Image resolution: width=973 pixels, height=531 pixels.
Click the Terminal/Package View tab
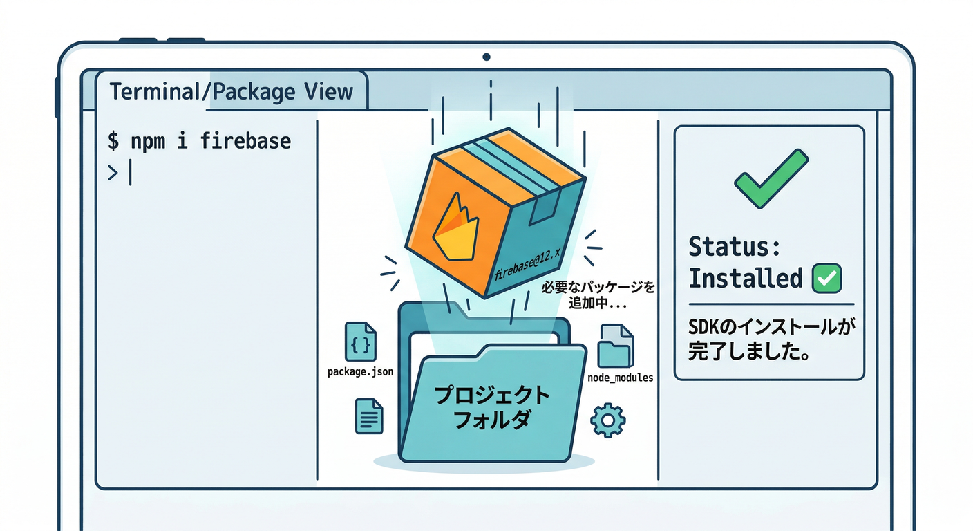(x=231, y=92)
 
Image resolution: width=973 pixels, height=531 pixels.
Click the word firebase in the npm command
(x=245, y=141)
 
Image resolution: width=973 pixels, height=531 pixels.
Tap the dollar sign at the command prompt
(x=113, y=142)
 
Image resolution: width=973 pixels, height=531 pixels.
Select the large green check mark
(x=770, y=179)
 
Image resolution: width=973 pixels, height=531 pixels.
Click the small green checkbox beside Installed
(x=826, y=278)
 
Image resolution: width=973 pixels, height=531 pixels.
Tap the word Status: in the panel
(x=735, y=247)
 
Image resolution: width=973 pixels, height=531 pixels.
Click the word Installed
(x=745, y=279)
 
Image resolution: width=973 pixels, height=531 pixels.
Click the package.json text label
(x=360, y=372)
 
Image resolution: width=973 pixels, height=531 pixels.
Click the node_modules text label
(x=620, y=378)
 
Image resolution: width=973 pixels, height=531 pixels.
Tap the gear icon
(x=608, y=420)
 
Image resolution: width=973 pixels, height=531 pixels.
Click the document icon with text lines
(x=369, y=416)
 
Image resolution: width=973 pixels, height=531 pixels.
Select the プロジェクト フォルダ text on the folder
(x=491, y=407)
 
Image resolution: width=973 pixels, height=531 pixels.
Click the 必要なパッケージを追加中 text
(x=598, y=295)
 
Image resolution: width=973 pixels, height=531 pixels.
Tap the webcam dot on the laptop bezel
(x=486, y=57)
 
